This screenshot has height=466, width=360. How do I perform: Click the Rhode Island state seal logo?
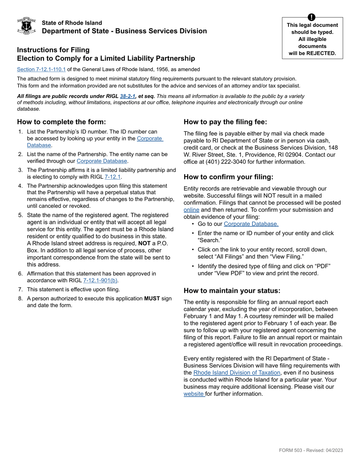tap(27, 26)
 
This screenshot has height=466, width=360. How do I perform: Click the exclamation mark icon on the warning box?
tap(311, 17)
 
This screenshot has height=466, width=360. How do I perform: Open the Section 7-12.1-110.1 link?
tap(41, 69)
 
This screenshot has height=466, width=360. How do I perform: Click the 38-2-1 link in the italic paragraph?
tap(128, 96)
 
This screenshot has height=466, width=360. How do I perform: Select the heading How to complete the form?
tap(61, 122)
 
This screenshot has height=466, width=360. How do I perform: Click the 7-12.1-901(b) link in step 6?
tap(100, 281)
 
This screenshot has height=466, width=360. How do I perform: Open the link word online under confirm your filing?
tap(191, 210)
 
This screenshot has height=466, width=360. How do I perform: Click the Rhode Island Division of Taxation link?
tap(236, 373)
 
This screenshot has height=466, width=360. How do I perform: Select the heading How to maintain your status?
tap(232, 291)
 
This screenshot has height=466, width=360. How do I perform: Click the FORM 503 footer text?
tap(311, 450)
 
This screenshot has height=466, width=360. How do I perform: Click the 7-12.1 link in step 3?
tap(113, 177)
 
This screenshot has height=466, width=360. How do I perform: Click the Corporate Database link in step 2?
tap(102, 161)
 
